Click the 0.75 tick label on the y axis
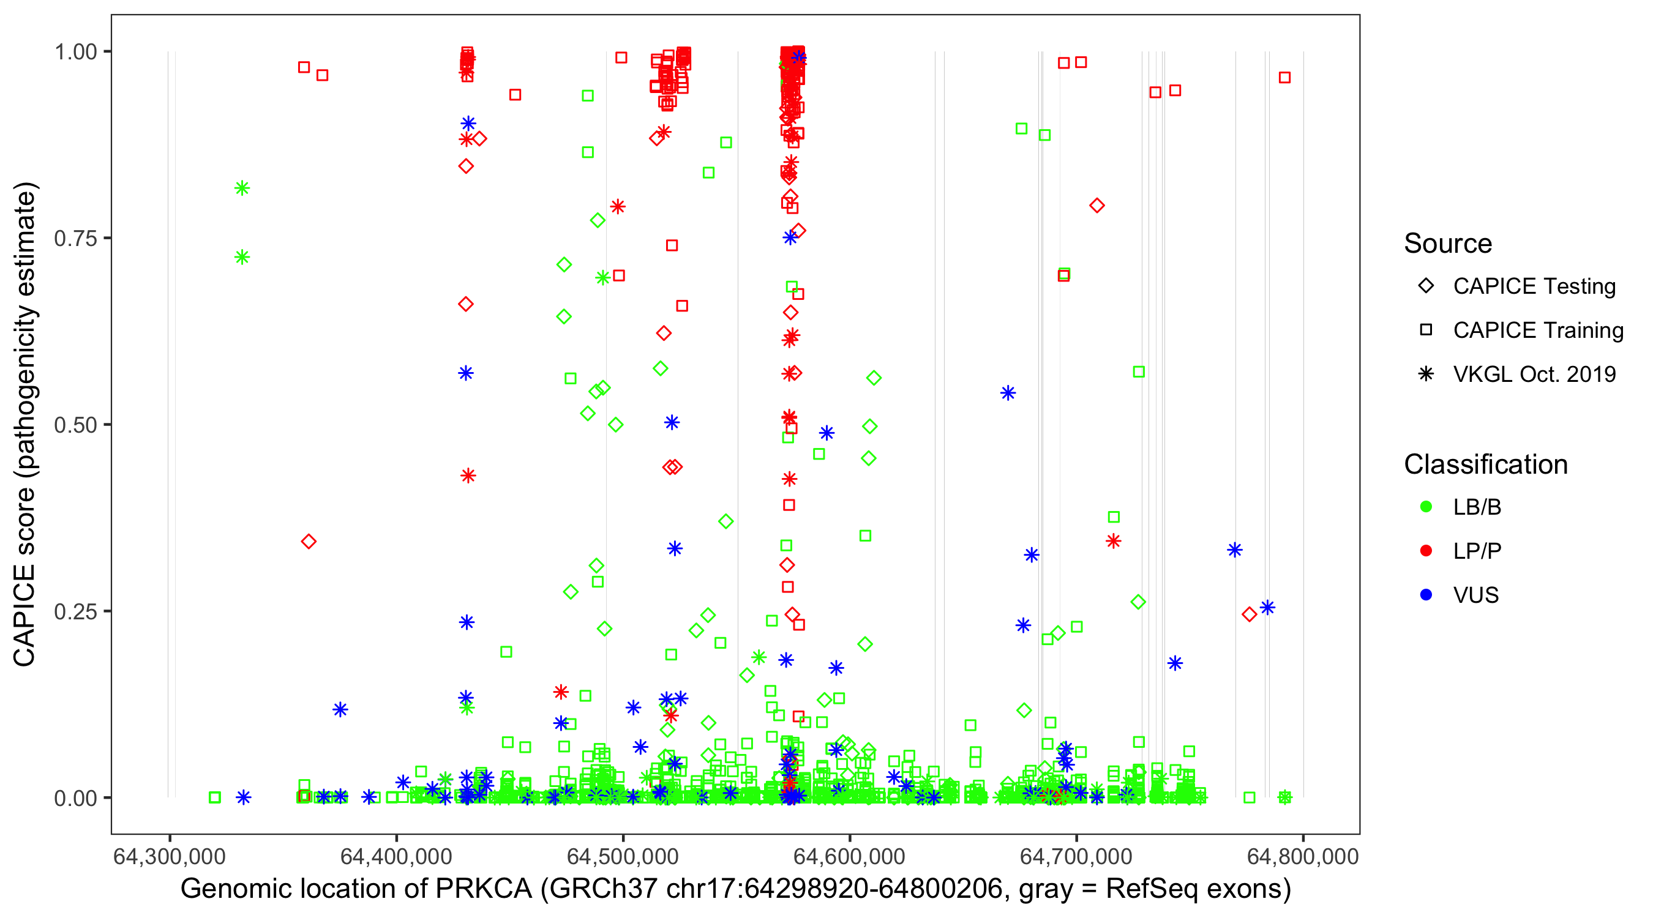75,239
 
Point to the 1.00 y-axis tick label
75,52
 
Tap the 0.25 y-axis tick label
75,611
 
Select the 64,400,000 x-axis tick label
396,856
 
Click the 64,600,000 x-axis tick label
849,856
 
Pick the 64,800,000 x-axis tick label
1302,856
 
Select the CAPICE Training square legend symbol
1426,330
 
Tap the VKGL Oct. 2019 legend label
1534,375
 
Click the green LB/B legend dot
1426,507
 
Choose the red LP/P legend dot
1426,551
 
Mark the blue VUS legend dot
1426,595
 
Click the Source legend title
1447,244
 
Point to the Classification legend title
1485,465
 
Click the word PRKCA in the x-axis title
484,889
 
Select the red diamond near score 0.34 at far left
309,542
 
